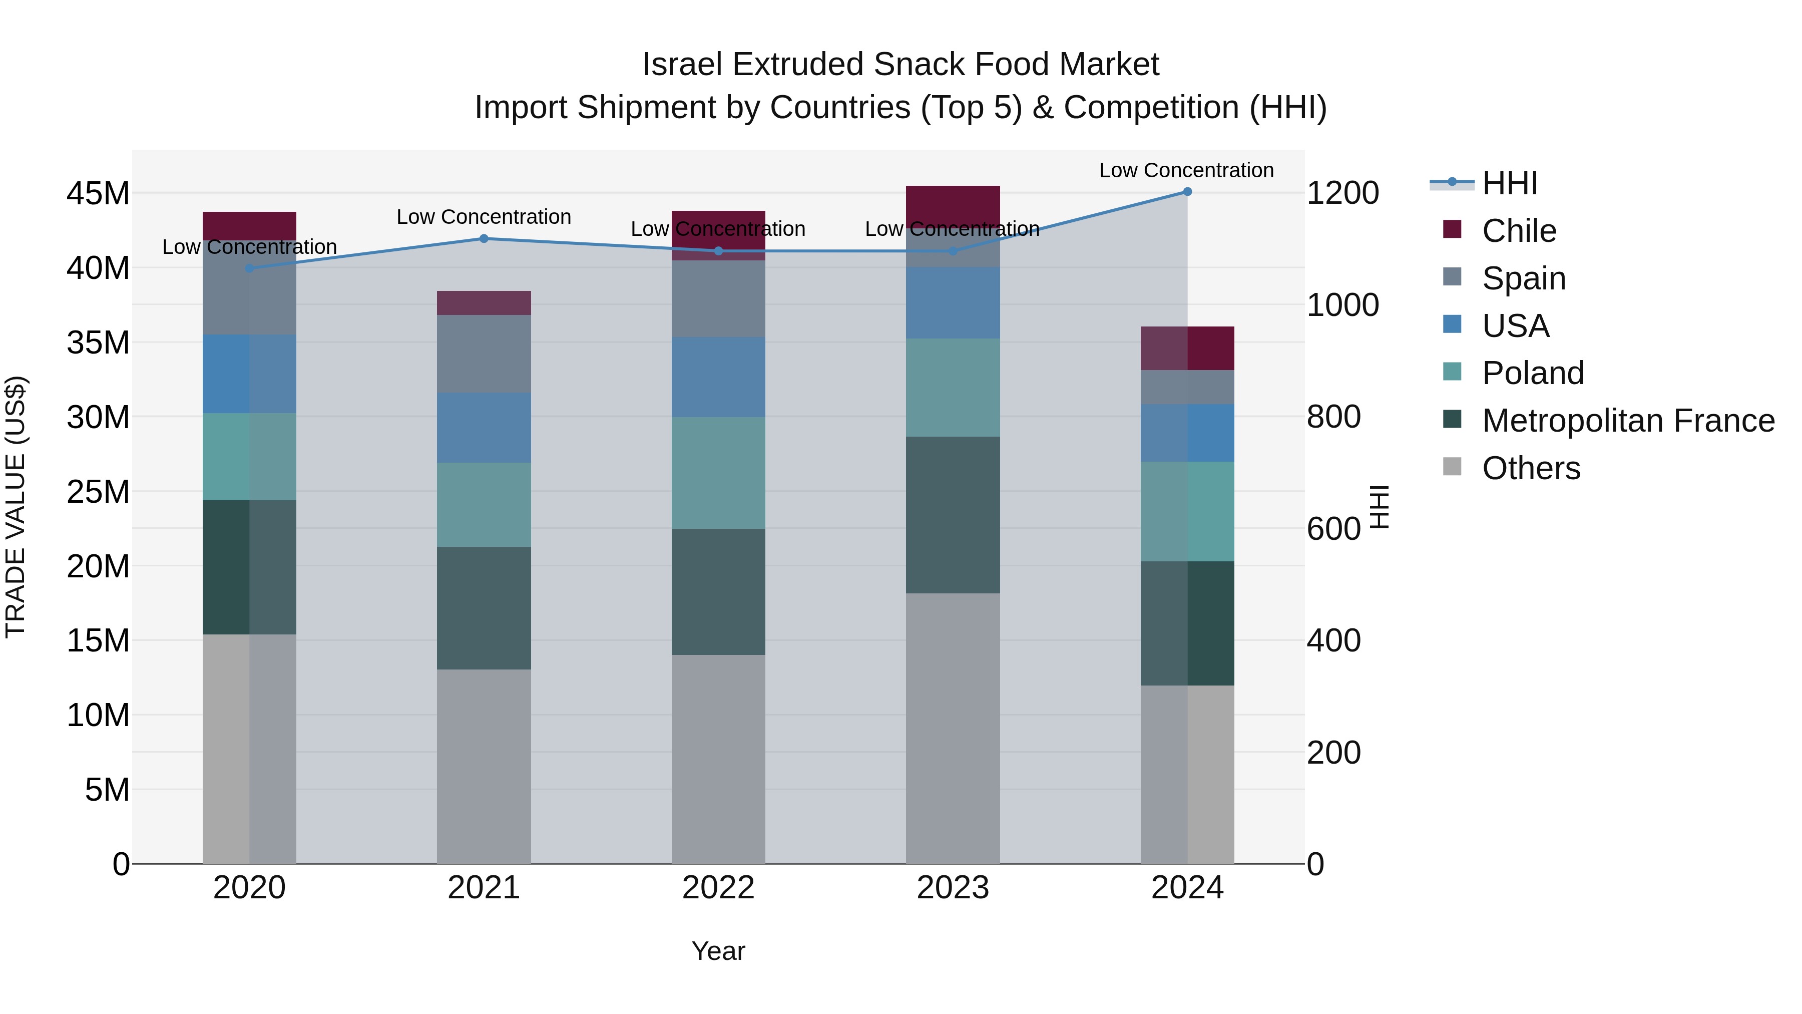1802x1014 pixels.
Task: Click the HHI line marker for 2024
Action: click(x=1187, y=192)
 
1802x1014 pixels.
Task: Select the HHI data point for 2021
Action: click(x=484, y=239)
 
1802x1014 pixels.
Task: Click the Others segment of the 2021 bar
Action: click(x=484, y=766)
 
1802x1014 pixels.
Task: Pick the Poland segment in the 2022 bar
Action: click(x=718, y=473)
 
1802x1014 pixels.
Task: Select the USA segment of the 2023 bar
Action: click(x=953, y=303)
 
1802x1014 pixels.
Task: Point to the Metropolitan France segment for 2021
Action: click(x=484, y=608)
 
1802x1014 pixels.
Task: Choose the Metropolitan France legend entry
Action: click(x=1627, y=421)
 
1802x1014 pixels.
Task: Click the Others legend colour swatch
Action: click(x=1452, y=467)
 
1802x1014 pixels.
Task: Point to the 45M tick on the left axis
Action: click(x=98, y=194)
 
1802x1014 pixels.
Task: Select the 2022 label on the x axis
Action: click(x=718, y=888)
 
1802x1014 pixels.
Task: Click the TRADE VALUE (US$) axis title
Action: click(x=16, y=507)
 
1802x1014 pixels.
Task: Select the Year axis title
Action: click(x=718, y=951)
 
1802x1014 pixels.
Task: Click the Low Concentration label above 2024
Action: click(x=1186, y=170)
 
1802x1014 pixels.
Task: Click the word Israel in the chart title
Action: click(x=682, y=65)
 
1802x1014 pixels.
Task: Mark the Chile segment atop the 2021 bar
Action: click(x=484, y=303)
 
